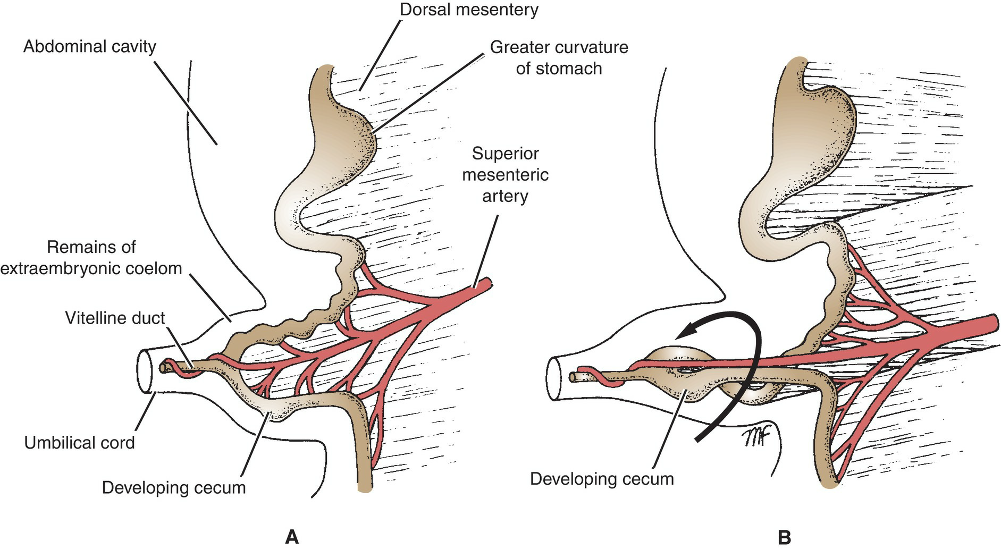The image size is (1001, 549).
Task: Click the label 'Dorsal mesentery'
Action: pyautogui.click(x=468, y=10)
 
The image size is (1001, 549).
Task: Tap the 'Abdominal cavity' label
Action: pyautogui.click(x=90, y=47)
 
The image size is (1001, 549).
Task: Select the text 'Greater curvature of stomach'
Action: pyautogui.click(x=559, y=57)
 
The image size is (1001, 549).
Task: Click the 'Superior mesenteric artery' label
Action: pyautogui.click(x=505, y=175)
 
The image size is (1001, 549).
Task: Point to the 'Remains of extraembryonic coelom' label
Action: pyautogui.click(x=91, y=258)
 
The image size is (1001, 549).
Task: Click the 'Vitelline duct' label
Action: pyautogui.click(x=115, y=318)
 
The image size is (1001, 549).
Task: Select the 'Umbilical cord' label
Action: pyautogui.click(x=80, y=442)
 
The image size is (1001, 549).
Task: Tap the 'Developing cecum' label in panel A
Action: pyautogui.click(x=174, y=487)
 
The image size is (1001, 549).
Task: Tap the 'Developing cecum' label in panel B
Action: pyautogui.click(x=602, y=478)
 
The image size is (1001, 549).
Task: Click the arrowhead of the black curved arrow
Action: pyautogui.click(x=684, y=333)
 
